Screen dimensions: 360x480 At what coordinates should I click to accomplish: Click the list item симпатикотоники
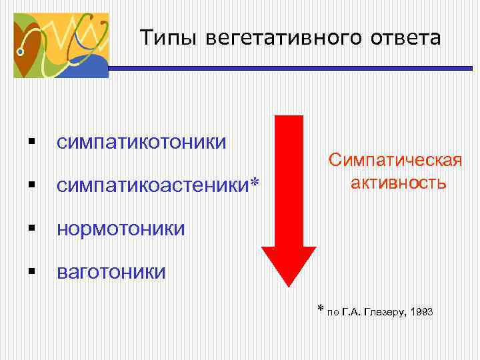coord(141,142)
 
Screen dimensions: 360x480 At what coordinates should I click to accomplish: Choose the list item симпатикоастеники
coord(153,185)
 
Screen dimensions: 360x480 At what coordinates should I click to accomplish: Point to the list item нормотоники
coord(121,229)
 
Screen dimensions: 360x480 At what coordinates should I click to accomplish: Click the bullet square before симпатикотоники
coord(32,141)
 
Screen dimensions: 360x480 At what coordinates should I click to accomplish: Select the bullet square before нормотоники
coord(32,228)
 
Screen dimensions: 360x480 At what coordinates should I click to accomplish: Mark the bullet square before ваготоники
coord(32,272)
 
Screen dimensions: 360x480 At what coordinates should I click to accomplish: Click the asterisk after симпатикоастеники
coord(253,183)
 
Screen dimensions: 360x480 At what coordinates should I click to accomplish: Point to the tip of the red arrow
coord(288,285)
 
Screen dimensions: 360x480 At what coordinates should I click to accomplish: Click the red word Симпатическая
coord(395,161)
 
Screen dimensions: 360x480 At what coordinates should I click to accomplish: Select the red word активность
coord(399,182)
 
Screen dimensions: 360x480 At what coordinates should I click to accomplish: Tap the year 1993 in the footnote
coord(423,311)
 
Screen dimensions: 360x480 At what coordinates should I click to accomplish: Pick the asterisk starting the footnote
coord(320,309)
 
